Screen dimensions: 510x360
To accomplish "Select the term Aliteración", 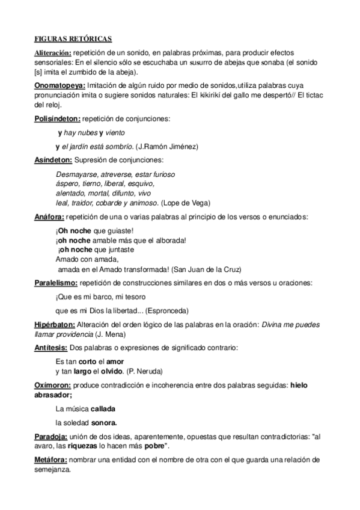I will (52, 54).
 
